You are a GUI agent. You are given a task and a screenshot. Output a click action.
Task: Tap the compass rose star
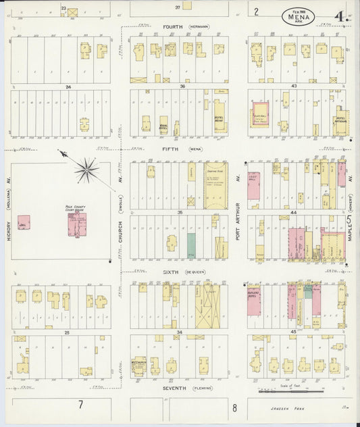click(86, 169)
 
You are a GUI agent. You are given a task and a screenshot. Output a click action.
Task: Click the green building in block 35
click(192, 244)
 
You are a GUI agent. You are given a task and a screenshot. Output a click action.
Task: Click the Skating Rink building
click(215, 183)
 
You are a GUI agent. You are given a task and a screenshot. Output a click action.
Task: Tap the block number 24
click(68, 87)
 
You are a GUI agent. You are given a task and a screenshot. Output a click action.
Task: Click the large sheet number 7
click(80, 404)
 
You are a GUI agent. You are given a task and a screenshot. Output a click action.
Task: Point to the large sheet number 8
click(234, 407)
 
